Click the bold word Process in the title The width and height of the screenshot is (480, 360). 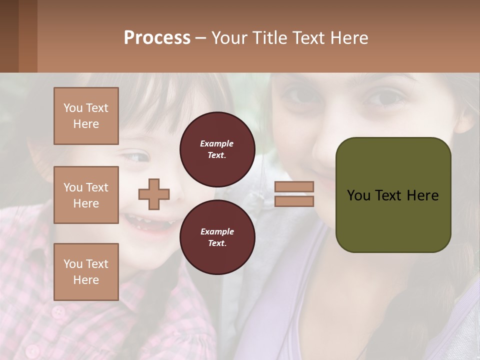[x=157, y=38]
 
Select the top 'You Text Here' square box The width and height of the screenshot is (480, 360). [x=86, y=116]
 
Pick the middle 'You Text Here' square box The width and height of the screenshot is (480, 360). [x=86, y=195]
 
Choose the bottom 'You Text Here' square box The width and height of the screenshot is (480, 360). [x=86, y=272]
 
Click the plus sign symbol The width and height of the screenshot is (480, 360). [x=154, y=194]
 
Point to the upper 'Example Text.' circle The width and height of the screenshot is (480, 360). [x=217, y=149]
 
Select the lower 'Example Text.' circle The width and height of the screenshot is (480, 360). [x=217, y=237]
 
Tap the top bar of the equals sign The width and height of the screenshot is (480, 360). [x=294, y=186]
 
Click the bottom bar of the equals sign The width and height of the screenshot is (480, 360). [x=294, y=201]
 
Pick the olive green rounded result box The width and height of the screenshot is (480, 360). [x=393, y=195]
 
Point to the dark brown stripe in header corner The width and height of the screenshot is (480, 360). [x=9, y=36]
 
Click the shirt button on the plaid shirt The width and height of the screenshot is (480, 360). [x=59, y=312]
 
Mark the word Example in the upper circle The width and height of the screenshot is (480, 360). [x=217, y=143]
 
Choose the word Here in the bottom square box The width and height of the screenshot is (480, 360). [x=86, y=280]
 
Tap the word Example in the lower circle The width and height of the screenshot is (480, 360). [x=217, y=231]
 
